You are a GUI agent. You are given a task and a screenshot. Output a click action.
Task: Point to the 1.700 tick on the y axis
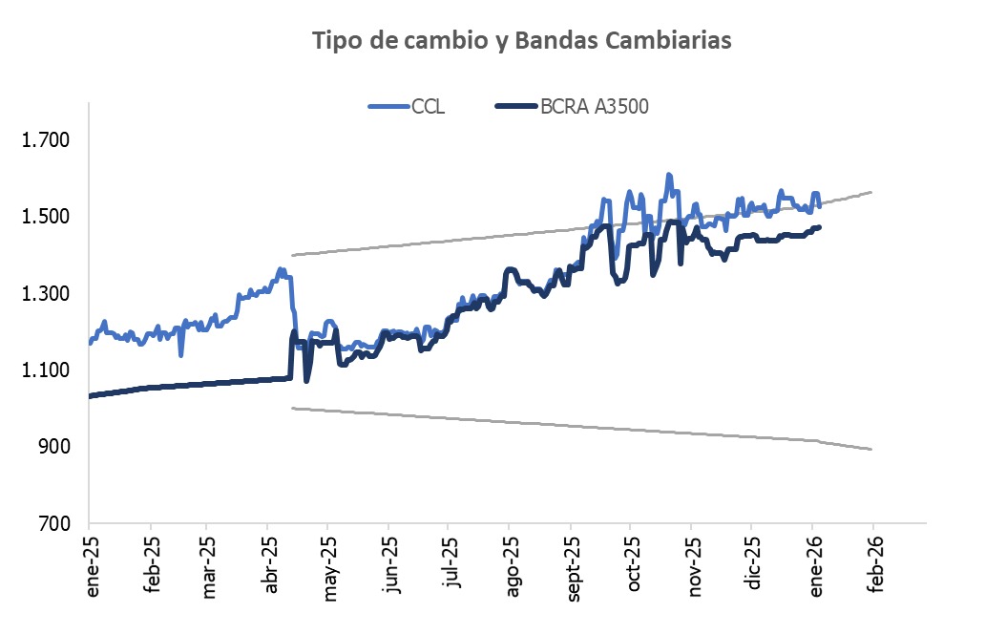46,140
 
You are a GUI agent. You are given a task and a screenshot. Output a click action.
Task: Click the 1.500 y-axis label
46,217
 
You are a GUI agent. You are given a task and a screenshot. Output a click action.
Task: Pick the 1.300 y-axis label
46,293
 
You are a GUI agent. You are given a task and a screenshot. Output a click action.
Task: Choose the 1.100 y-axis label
46,370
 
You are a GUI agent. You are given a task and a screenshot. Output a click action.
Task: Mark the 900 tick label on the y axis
52,447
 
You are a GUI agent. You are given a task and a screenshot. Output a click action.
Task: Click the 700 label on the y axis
52,523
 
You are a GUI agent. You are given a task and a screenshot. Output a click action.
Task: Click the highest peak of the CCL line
668,175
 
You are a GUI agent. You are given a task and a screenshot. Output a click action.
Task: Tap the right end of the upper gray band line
871,192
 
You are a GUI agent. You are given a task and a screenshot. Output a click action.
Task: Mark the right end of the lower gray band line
871,449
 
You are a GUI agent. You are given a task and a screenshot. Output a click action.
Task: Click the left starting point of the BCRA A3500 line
90,395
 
